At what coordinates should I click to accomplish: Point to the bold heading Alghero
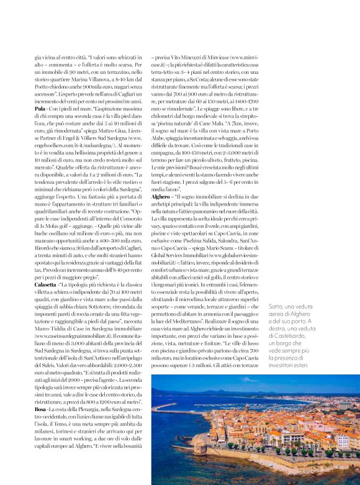click(161, 196)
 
